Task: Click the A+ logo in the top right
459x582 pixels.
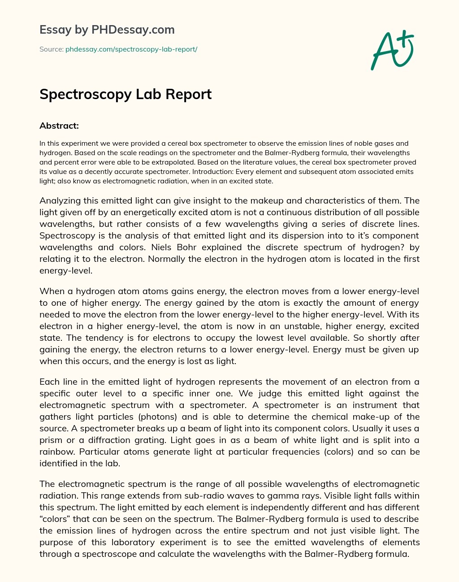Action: pyautogui.click(x=392, y=50)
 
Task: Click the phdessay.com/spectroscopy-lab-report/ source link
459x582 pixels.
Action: pyautogui.click(x=131, y=49)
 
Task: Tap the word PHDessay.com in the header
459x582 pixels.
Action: pyautogui.click(x=133, y=30)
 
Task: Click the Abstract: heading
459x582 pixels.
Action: pyautogui.click(x=59, y=126)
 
